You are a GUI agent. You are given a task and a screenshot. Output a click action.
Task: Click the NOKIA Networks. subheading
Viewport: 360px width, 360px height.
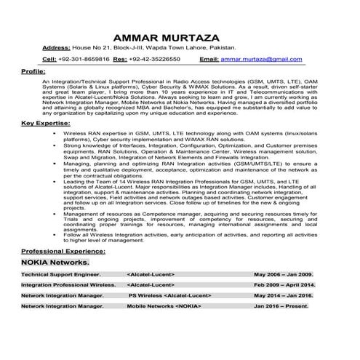(55, 261)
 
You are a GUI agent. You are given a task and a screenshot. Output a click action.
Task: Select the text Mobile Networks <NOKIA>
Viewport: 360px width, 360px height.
(164, 308)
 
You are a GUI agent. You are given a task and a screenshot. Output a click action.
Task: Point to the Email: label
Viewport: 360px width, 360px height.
(209, 58)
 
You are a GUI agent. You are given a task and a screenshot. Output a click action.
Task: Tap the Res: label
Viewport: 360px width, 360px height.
(120, 58)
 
